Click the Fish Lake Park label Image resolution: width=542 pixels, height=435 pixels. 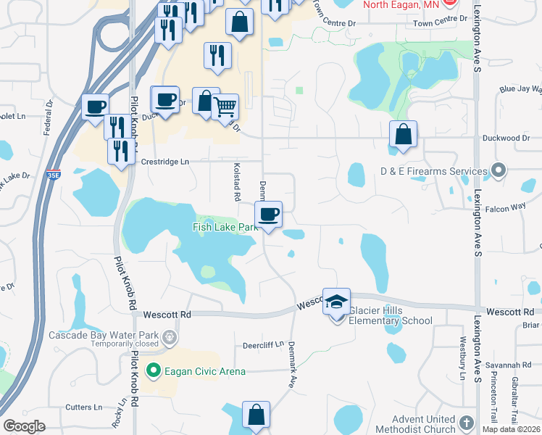click(x=225, y=227)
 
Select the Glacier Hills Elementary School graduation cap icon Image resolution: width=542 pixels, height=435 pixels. click(x=337, y=302)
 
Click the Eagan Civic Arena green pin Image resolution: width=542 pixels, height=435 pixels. click(x=153, y=371)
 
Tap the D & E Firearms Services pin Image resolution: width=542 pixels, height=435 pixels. click(x=498, y=171)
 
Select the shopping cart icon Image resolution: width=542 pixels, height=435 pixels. click(x=226, y=107)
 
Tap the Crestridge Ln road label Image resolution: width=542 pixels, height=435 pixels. click(x=164, y=162)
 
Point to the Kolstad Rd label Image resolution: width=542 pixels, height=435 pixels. click(x=236, y=181)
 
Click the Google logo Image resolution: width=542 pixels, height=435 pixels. click(x=24, y=426)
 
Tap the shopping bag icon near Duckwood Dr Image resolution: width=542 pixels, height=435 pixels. click(x=402, y=134)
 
